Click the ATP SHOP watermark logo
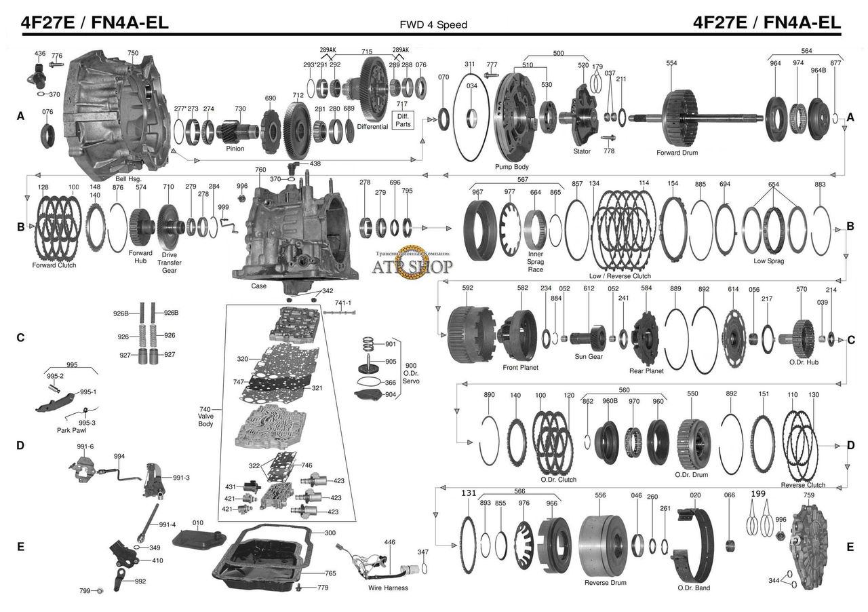pos(412,264)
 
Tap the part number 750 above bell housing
pos(133,53)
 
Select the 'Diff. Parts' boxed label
pos(402,120)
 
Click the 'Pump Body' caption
pos(512,166)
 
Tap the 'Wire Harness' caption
pos(388,588)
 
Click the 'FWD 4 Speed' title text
pos(434,25)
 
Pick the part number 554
pos(671,63)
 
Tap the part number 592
pos(467,288)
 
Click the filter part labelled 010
pos(198,541)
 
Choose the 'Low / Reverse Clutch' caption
pos(620,276)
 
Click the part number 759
pos(809,496)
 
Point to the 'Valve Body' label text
pos(205,417)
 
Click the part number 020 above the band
pos(696,496)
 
